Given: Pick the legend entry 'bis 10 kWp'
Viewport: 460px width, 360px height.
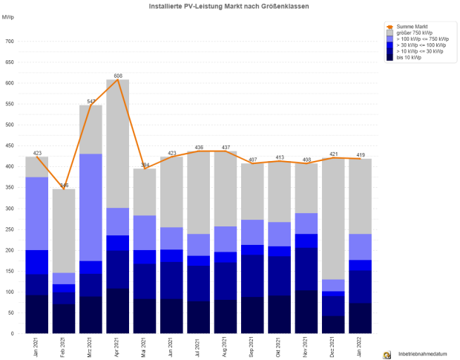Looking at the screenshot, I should [409, 57].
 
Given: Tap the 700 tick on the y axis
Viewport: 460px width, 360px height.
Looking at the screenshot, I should [10, 42].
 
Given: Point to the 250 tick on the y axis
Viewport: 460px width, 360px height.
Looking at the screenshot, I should [10, 229].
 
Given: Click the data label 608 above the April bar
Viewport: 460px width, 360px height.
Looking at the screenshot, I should [118, 76].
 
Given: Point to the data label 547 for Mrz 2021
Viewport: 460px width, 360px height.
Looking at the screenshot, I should [91, 101].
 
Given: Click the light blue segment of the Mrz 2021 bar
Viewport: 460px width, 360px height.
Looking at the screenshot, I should [91, 207].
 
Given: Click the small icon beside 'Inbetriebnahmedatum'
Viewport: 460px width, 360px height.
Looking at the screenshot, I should [387, 355].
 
